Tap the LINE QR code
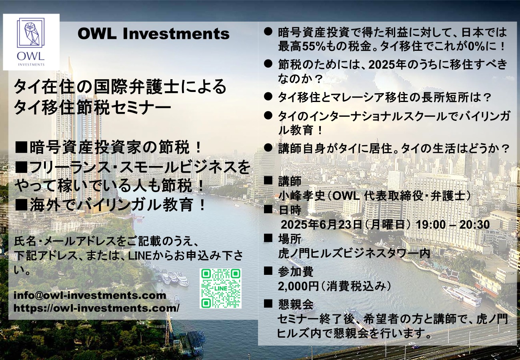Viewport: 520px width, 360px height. coord(220,288)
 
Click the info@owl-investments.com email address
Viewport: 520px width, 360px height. coord(90,295)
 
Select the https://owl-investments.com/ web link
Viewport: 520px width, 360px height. coord(96,308)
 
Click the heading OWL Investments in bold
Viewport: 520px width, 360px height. coord(154,34)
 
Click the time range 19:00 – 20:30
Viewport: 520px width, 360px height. coord(453,224)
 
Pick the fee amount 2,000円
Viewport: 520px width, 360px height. coord(298,286)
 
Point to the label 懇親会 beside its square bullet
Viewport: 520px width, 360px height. coord(296,304)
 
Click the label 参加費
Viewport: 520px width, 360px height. coord(296,271)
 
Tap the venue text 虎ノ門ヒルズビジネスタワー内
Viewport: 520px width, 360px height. coord(354,253)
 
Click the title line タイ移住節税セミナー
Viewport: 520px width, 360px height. coord(92,108)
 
